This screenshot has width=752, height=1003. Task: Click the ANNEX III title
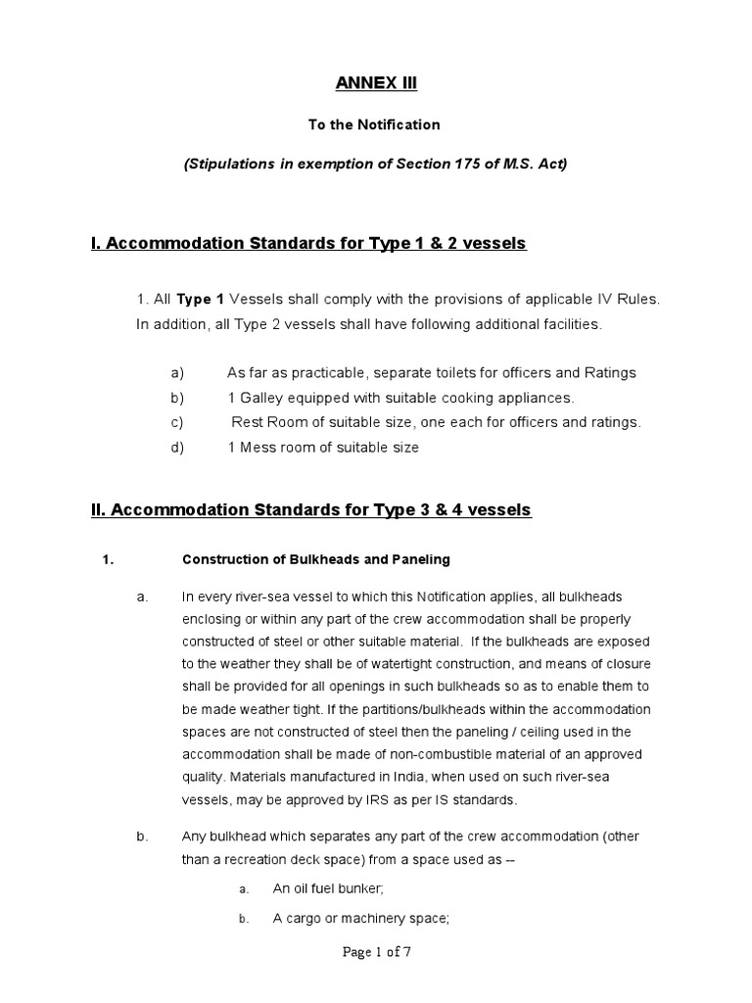click(376, 84)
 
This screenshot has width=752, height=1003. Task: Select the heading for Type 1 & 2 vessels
click(308, 243)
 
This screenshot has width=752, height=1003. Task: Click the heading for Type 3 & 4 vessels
click(310, 509)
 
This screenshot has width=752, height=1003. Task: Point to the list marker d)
click(177, 448)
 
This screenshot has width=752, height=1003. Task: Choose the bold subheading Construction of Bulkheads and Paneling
click(316, 559)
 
